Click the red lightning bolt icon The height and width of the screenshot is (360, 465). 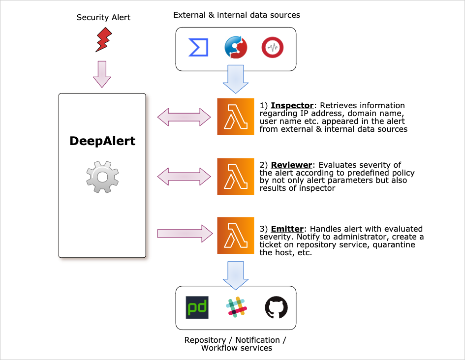[x=103, y=40]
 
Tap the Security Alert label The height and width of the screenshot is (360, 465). [x=103, y=18]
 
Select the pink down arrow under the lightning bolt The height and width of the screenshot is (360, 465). [x=102, y=74]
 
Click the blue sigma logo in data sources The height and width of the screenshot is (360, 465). [x=198, y=48]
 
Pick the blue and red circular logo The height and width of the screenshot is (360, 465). [x=236, y=48]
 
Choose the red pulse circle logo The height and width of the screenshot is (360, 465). [x=272, y=48]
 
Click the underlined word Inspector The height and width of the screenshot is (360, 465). [x=292, y=106]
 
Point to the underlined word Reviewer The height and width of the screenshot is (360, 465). [x=291, y=165]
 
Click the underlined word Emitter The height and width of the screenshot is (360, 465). [x=288, y=229]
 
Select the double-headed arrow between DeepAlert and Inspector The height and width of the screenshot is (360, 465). [x=185, y=117]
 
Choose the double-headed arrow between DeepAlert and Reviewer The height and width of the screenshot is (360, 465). [x=185, y=176]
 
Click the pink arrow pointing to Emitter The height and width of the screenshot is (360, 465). [x=185, y=233]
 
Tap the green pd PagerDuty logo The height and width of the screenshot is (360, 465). [x=197, y=307]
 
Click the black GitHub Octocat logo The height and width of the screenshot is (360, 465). [x=276, y=307]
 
